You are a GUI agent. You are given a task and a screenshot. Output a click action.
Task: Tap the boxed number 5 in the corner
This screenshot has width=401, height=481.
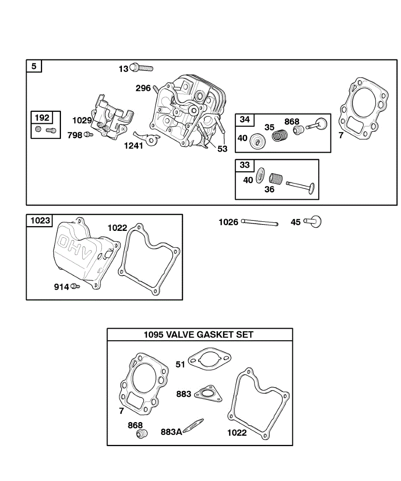pos(34,66)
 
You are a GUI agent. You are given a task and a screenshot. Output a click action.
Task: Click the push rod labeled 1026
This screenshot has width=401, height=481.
pos(259,222)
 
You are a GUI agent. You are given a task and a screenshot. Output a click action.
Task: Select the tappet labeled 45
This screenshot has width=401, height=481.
pos(314,221)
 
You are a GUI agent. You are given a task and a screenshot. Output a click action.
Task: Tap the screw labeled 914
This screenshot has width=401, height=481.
pos(75,286)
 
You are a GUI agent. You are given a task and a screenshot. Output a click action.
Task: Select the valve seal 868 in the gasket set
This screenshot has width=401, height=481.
pos(141,434)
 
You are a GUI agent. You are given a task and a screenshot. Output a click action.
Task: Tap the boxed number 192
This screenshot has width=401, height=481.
pos(42,118)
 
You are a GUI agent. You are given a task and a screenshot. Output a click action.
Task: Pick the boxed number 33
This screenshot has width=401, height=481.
pos(245,165)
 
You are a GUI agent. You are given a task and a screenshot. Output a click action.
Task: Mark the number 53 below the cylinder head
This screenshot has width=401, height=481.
pos(222,149)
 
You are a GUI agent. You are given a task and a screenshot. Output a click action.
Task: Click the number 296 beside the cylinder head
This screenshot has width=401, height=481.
pos(143,88)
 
